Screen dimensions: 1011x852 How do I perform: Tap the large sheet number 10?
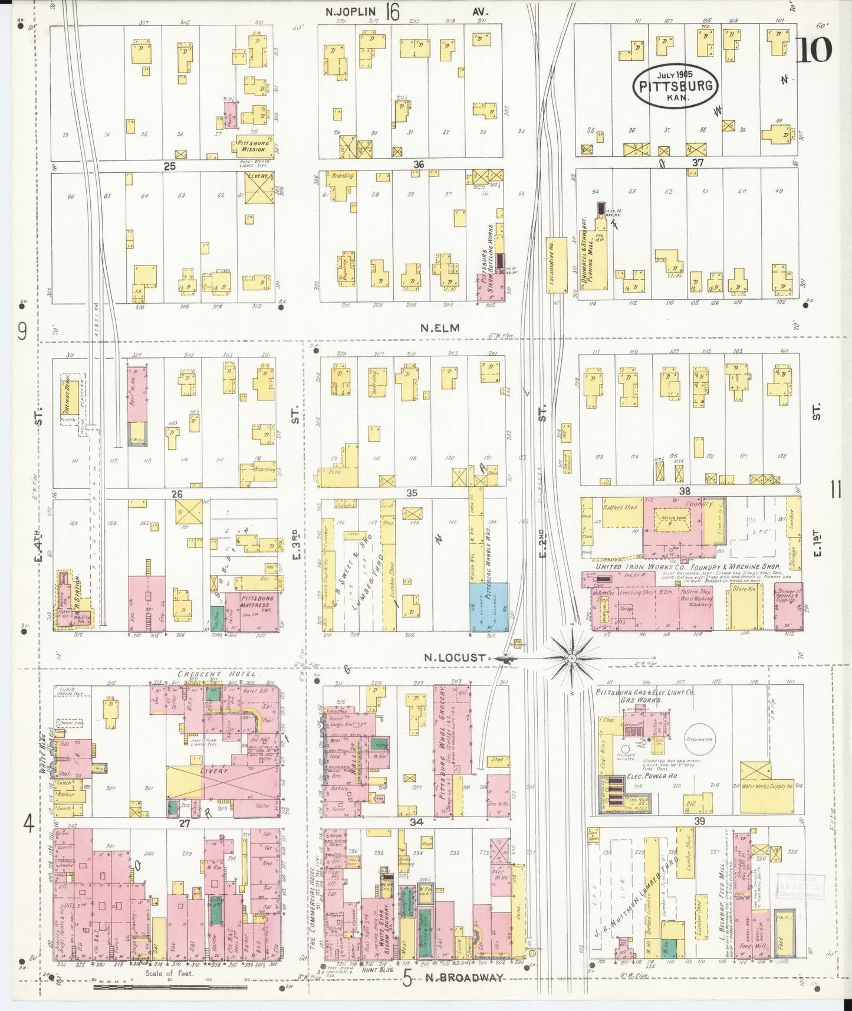(x=814, y=50)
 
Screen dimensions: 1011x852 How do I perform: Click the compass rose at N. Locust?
(x=571, y=657)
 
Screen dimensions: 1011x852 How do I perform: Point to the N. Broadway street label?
(x=465, y=977)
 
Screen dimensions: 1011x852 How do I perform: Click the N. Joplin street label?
(x=353, y=11)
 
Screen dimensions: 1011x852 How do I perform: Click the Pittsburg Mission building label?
(x=253, y=146)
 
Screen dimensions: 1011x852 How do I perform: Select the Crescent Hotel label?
(x=218, y=674)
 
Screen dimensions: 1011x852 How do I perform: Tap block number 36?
(x=418, y=165)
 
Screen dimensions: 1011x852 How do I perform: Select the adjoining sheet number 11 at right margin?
(x=835, y=490)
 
